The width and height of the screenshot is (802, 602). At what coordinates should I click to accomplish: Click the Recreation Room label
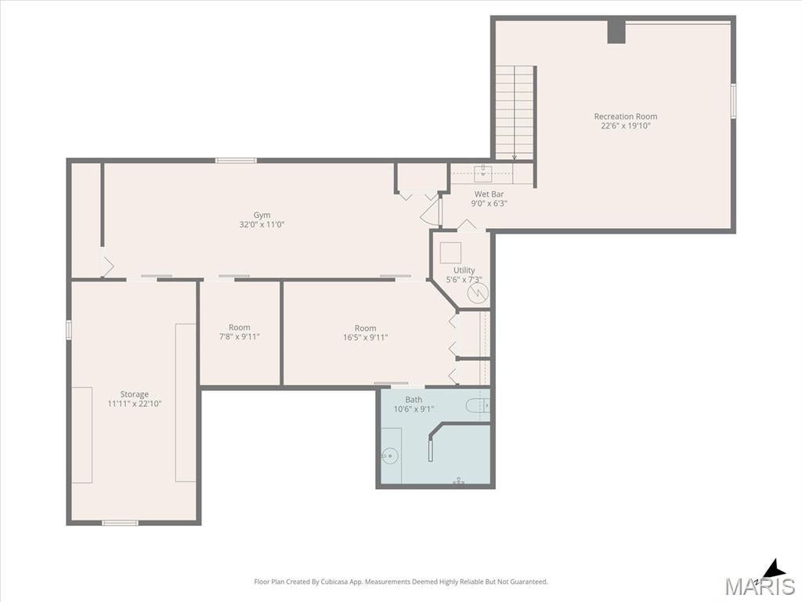(626, 116)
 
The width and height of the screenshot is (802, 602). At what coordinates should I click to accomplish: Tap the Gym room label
(262, 215)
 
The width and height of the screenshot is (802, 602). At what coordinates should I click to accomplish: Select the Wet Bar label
(489, 194)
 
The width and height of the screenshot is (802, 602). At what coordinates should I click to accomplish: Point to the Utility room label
(464, 270)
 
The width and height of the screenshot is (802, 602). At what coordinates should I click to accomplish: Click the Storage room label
(135, 394)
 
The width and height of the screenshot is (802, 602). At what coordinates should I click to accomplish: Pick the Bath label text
(414, 399)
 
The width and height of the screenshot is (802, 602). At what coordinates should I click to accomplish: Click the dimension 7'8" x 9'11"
(240, 337)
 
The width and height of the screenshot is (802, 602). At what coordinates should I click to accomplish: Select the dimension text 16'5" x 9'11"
(365, 337)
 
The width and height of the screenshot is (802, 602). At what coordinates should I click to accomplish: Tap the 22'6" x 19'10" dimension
(626, 125)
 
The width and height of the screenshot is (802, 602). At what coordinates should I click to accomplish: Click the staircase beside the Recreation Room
(515, 113)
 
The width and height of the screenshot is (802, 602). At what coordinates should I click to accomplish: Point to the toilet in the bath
(478, 406)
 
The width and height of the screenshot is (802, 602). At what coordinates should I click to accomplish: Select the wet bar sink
(482, 173)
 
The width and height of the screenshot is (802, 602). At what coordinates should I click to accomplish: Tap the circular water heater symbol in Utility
(477, 293)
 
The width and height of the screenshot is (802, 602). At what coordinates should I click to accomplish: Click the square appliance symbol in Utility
(450, 253)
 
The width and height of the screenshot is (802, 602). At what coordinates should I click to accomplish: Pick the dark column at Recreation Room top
(616, 31)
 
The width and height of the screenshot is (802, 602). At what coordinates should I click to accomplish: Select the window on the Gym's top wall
(236, 161)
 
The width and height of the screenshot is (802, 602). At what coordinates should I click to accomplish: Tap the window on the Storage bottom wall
(120, 523)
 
